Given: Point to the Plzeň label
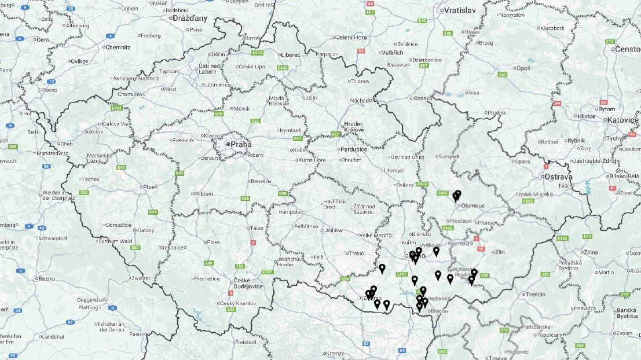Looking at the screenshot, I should pyautogui.click(x=150, y=187).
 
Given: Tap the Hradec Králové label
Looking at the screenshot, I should pyautogui.click(x=354, y=127).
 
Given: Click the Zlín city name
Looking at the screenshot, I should pyautogui.click(x=499, y=252).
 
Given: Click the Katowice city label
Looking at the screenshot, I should pyautogui.click(x=623, y=120).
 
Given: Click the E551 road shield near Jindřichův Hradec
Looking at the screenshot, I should pyautogui.click(x=268, y=272).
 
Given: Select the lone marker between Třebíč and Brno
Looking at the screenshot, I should pyautogui.click(x=382, y=269).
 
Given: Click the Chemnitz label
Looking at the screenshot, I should pyautogui.click(x=119, y=47).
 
